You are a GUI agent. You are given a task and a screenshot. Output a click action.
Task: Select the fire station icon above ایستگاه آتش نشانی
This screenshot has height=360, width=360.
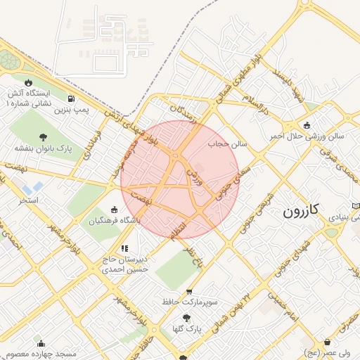pos(28,82)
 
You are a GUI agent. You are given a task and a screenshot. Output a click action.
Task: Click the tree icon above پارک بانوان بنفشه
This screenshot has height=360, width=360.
pos(44,137)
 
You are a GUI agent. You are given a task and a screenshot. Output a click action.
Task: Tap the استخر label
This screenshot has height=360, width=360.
pos(28,201)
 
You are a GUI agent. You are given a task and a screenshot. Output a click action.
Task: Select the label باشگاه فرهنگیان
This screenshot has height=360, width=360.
pos(115,221)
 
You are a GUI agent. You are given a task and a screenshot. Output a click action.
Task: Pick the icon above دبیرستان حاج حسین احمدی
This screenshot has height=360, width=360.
pos(124,248)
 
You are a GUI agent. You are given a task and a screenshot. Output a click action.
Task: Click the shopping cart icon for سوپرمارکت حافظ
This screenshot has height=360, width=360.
pos(188,291)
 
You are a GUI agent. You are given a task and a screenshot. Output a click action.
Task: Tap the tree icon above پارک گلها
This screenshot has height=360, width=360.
pos(186,317)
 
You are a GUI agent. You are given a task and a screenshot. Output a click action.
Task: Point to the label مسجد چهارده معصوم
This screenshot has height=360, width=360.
pos(42,353)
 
